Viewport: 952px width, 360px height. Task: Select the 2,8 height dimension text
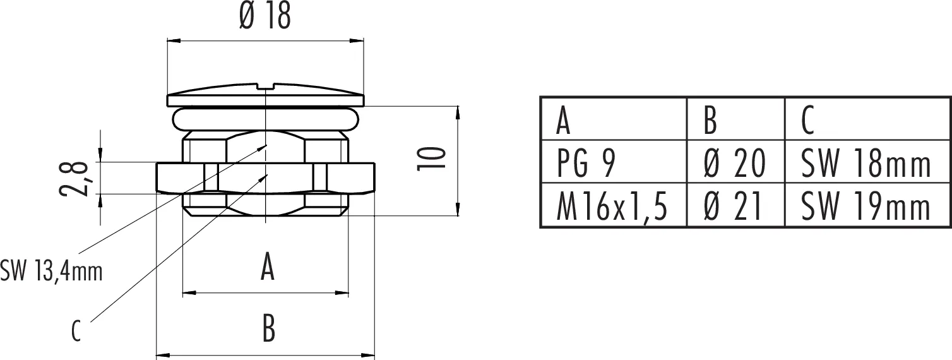tap(74, 179)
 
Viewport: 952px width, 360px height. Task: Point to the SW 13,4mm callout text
tap(51, 271)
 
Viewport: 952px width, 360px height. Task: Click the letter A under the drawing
tap(267, 266)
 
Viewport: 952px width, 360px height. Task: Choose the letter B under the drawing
tap(268, 328)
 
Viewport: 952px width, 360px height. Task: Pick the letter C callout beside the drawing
tap(76, 331)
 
